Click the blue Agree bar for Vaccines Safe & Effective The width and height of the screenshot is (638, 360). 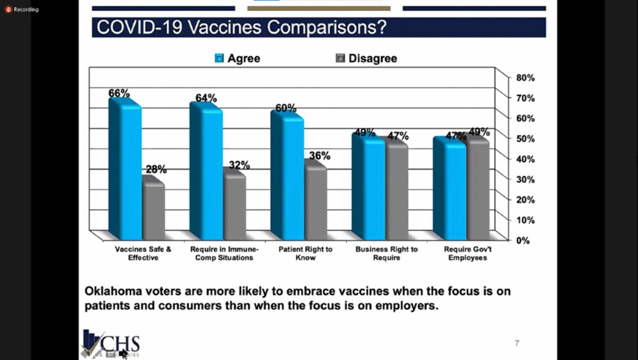pos(125,170)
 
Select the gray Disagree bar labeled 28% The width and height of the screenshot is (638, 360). pos(153,210)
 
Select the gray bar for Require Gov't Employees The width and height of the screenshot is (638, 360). pos(477,189)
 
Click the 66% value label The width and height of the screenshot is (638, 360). pos(119,93)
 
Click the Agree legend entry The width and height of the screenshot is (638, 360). pos(238,58)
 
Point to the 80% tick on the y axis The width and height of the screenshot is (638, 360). pos(525,78)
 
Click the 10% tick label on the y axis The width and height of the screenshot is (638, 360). pos(525,220)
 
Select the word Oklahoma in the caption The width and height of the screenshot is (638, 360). pos(110,292)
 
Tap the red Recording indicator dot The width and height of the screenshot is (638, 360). pos(8,9)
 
